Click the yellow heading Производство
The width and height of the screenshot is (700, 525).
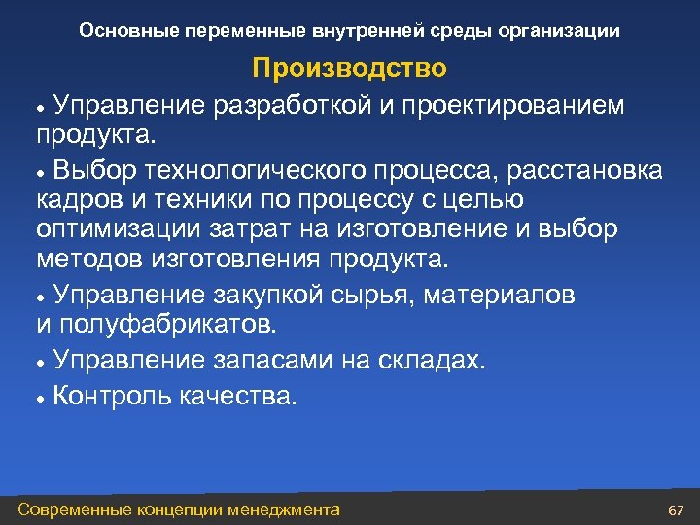[x=349, y=68]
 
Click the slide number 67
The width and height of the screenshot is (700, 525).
[x=677, y=510]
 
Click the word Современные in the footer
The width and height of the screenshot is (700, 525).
[x=78, y=509]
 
